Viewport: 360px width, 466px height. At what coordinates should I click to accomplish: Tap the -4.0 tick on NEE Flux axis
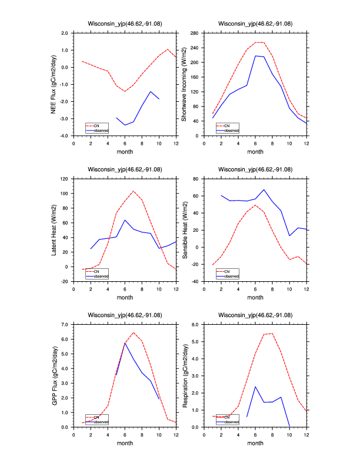63,136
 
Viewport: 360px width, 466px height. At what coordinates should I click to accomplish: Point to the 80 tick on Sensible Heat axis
194,178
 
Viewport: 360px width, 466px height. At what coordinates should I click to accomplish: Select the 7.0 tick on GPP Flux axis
65,324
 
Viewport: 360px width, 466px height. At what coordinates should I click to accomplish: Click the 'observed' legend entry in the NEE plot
100,130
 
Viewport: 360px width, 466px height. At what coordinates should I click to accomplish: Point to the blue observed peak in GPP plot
125,343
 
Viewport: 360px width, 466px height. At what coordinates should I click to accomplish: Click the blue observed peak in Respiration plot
255,387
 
